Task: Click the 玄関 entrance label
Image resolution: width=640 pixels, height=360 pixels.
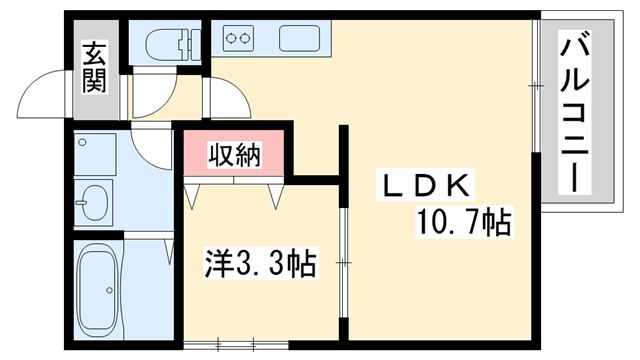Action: (x=94, y=68)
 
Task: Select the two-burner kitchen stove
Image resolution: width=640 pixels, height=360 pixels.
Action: (x=239, y=40)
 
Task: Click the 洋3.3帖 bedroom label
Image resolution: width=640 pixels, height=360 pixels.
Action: (x=261, y=265)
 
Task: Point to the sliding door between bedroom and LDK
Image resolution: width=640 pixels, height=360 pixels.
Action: (x=342, y=263)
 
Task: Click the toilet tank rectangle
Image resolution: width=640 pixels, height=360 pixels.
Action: (x=191, y=43)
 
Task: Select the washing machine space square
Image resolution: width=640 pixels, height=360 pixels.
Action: (x=96, y=155)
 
